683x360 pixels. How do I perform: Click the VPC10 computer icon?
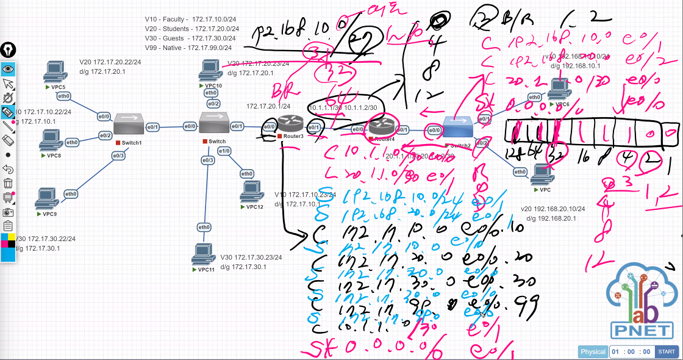210,70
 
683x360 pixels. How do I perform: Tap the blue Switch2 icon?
459,129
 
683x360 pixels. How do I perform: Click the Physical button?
593,352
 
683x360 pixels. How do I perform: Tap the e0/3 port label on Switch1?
118,156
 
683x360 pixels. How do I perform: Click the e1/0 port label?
224,151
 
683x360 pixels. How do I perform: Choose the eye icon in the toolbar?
8,68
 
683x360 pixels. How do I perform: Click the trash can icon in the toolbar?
8,182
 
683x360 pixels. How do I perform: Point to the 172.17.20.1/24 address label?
268,106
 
